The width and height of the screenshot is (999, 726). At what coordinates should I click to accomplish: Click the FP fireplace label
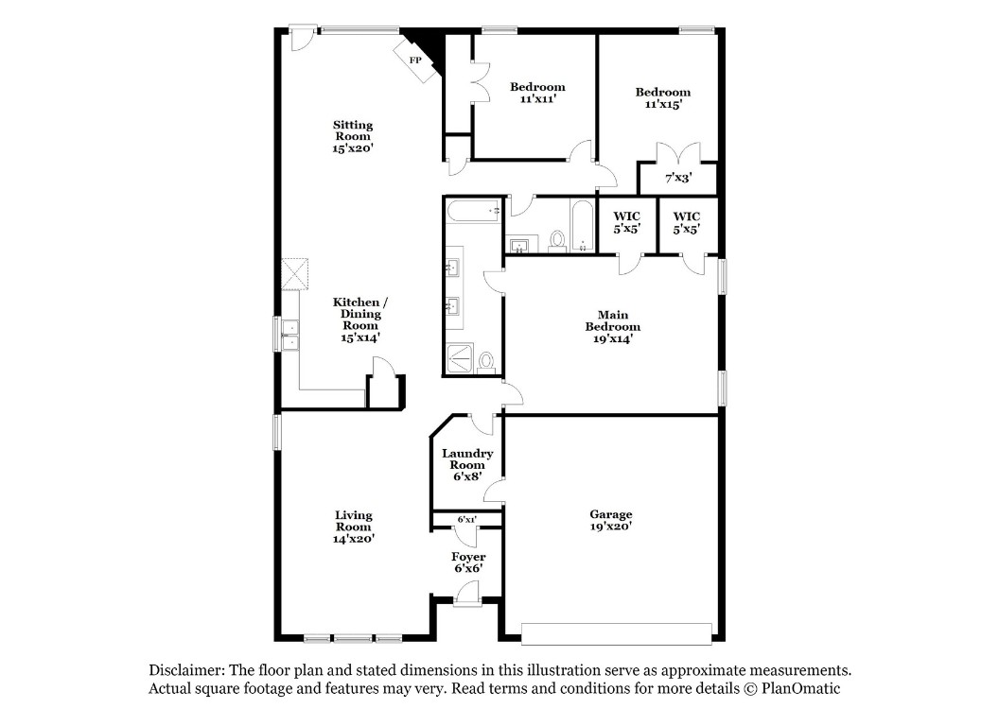tap(415, 60)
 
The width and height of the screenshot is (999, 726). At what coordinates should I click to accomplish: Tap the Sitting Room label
tap(353, 130)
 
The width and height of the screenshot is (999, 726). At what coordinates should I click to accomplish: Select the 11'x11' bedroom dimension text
tap(537, 98)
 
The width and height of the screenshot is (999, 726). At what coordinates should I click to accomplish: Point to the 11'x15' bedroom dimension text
tap(663, 104)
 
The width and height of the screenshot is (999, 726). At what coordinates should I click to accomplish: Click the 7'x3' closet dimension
tap(678, 178)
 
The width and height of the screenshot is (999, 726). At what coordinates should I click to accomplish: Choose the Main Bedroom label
tap(613, 320)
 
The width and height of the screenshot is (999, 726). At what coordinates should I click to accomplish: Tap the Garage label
tap(611, 514)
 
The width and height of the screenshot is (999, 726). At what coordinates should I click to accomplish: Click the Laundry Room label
tap(467, 458)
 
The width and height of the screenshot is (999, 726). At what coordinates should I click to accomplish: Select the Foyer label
tap(468, 557)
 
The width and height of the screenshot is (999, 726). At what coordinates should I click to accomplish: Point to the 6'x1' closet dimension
tap(467, 520)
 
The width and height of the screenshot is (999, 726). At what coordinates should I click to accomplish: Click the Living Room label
tap(354, 521)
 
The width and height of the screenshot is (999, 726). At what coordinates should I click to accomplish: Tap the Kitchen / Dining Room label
tap(360, 313)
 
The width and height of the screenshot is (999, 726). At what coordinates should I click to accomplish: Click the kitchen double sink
tap(289, 335)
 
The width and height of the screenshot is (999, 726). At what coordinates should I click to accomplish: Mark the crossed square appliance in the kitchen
tap(295, 274)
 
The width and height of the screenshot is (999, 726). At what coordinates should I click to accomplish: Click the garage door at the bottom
tap(617, 634)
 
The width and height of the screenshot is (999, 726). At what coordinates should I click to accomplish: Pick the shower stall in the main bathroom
tap(460, 358)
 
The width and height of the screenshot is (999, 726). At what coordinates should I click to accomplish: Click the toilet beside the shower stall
tap(487, 361)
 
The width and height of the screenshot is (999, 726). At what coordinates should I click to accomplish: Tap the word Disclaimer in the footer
tap(186, 670)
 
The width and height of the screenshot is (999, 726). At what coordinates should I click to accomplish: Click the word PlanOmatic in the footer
tap(801, 688)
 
